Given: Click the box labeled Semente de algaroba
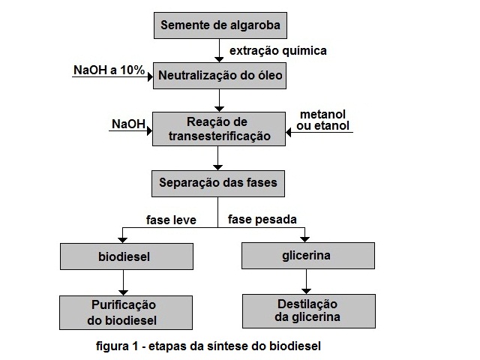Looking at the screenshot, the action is [220, 25].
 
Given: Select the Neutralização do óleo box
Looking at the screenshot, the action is [220, 76].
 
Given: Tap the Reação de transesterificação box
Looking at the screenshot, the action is [219, 129].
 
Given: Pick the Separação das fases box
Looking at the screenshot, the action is [218, 184].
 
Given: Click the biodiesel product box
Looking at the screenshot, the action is [127, 256].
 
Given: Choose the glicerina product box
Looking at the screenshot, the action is [308, 256].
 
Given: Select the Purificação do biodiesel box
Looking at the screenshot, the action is [126, 313].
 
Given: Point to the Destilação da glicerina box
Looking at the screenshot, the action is [309, 311].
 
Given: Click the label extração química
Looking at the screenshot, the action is [278, 51].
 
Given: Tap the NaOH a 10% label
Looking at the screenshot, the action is [109, 70].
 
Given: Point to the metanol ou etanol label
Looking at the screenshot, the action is [323, 120].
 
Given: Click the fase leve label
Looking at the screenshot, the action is [171, 220].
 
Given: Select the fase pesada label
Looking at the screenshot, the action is [262, 220].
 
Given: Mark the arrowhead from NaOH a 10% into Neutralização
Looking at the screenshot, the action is [150, 76].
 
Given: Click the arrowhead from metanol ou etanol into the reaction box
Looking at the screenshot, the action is [288, 133].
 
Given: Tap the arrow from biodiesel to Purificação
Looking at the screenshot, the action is [123, 283].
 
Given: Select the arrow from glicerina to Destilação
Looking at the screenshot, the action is [307, 282].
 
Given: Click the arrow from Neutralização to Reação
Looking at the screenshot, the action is [219, 100].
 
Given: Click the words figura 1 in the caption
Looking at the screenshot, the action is [117, 346].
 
